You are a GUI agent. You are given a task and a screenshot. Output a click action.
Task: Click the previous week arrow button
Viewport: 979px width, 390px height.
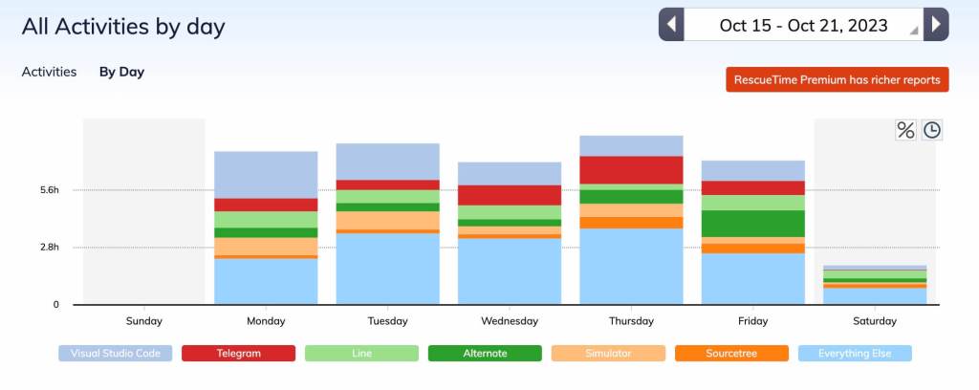pyautogui.click(x=671, y=25)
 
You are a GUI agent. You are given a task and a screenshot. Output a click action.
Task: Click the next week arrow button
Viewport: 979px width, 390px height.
pyautogui.click(x=937, y=25)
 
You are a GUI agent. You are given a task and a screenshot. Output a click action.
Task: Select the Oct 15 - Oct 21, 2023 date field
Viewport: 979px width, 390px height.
pyautogui.click(x=803, y=25)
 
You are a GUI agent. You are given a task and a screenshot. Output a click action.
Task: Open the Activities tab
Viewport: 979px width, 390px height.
pyautogui.click(x=49, y=72)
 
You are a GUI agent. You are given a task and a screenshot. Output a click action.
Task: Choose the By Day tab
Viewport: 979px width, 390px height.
pyautogui.click(x=121, y=72)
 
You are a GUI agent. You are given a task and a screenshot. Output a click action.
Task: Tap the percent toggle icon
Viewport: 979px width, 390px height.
pyautogui.click(x=904, y=130)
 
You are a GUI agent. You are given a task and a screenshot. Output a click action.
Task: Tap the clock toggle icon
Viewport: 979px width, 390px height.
pyautogui.click(x=932, y=130)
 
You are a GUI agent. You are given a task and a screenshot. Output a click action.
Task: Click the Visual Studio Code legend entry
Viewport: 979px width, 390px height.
pyautogui.click(x=116, y=354)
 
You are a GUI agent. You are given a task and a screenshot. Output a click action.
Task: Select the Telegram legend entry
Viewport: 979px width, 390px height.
pyautogui.click(x=239, y=354)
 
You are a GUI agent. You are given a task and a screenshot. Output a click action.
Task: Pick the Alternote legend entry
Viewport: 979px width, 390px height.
pyautogui.click(x=486, y=354)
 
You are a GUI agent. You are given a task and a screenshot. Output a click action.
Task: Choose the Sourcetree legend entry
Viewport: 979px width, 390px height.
pyautogui.click(x=732, y=354)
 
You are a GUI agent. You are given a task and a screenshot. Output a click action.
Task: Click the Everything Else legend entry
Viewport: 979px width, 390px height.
pyautogui.click(x=855, y=354)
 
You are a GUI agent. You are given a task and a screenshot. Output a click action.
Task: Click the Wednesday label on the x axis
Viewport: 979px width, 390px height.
pyautogui.click(x=510, y=321)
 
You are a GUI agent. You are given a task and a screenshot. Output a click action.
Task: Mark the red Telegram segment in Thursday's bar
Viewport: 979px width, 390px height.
pyautogui.click(x=631, y=169)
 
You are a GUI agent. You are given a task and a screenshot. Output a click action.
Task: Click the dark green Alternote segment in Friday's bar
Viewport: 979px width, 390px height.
pyautogui.click(x=753, y=223)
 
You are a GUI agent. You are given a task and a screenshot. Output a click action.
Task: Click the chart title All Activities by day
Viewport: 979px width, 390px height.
pyautogui.click(x=123, y=26)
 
